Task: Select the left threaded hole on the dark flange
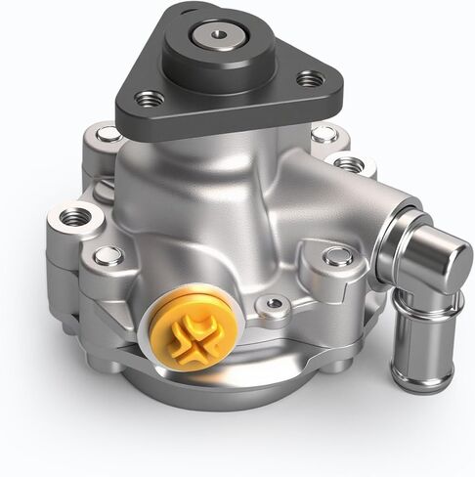(150, 98)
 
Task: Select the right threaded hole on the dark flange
(312, 78)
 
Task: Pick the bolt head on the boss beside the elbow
(338, 257)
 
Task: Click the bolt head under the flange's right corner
(323, 134)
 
